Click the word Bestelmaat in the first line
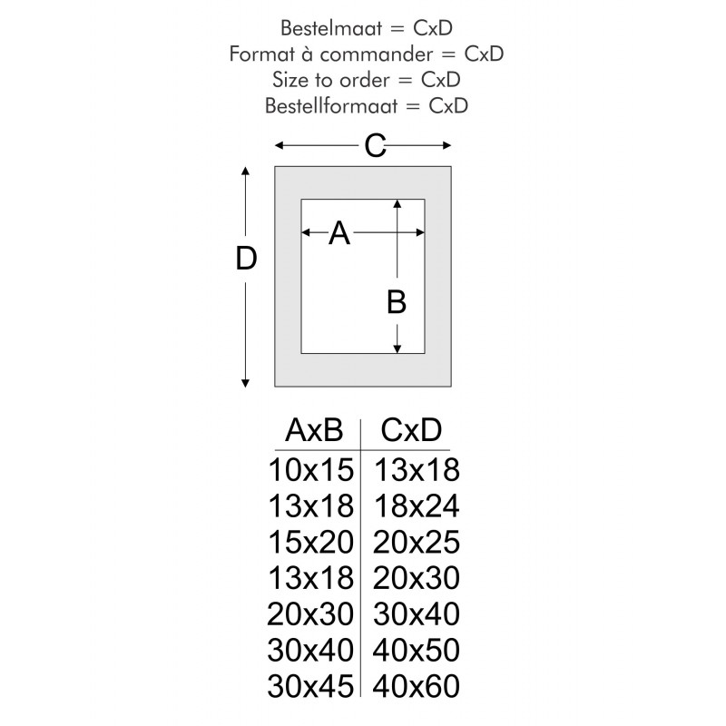(331, 28)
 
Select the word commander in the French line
(376, 54)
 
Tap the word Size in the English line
(290, 80)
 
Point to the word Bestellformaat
(331, 106)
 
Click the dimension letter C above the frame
(375, 146)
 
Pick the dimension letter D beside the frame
(246, 258)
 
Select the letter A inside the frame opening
(338, 233)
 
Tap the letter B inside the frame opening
(397, 302)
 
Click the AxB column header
(314, 430)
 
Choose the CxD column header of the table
(411, 430)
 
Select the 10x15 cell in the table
(311, 469)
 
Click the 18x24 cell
(417, 505)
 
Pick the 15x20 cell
(311, 542)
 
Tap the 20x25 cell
(417, 542)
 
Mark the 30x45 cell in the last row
(310, 686)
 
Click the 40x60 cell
(417, 686)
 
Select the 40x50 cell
(417, 650)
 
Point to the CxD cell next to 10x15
(417, 469)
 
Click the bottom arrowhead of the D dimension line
(245, 383)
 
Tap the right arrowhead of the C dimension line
(446, 145)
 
